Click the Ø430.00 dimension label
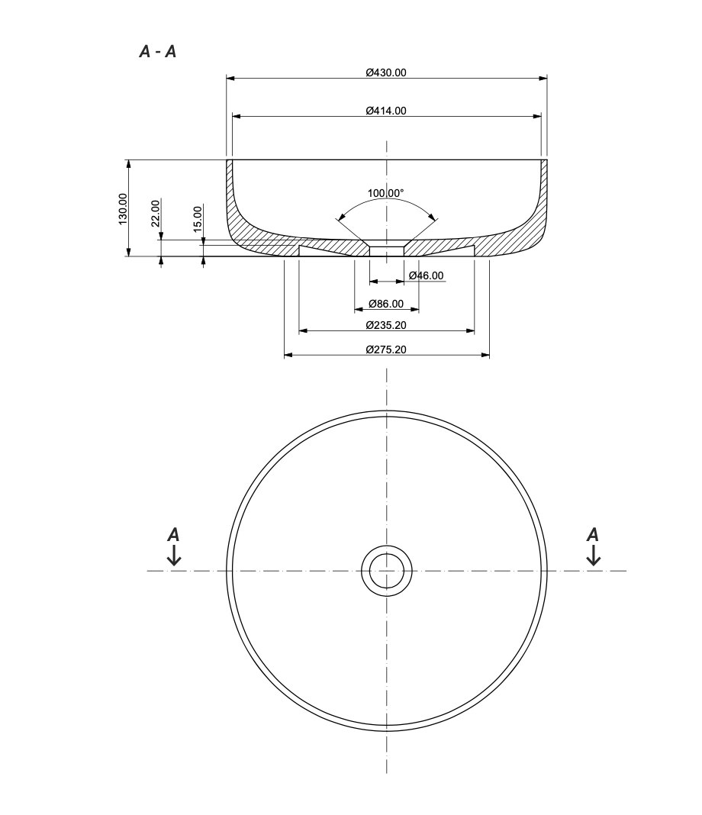pos(386,72)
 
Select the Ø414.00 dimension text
pos(386,111)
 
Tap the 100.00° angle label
pos(385,193)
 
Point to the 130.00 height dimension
pos(123,209)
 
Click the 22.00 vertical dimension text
pos(156,213)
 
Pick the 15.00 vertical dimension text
pos(198,219)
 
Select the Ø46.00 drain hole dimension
pos(426,275)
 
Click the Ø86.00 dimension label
pos(386,304)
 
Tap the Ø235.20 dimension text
pos(386,325)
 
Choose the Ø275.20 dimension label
pos(386,350)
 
